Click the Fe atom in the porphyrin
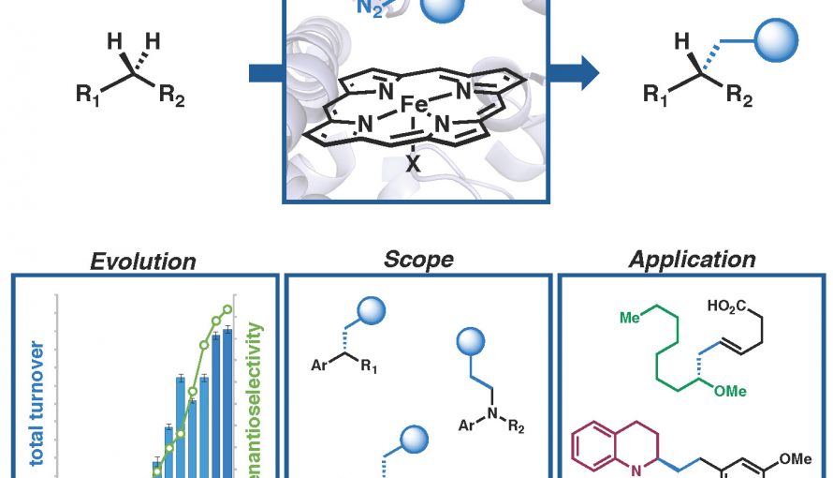pos(414,104)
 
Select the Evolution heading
pos(143,261)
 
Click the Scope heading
pos(418,260)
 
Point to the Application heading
pos(692,260)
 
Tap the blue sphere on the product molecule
pos(776,40)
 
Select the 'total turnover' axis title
pos(37,403)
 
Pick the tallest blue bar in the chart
pos(227,403)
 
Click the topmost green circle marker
pos(227,309)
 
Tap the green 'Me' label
pos(630,318)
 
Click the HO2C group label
pos(726,306)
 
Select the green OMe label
pos(730,392)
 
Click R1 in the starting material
pos(88,96)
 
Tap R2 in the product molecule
pos(739,96)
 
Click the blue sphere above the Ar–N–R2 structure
pos(471,341)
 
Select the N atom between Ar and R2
pos(492,413)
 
